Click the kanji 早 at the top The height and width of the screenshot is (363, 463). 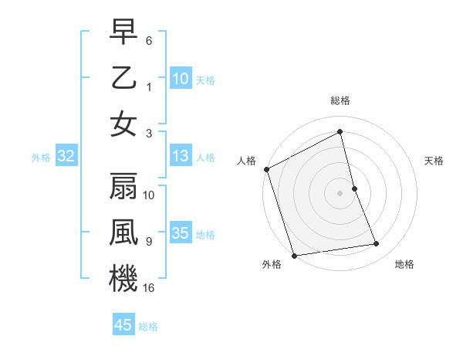coord(123,32)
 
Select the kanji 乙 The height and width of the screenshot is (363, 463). coord(123,78)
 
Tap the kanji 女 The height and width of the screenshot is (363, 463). coord(123,124)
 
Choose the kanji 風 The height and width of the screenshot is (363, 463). coord(123,232)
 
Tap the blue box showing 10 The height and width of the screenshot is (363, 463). coord(180,78)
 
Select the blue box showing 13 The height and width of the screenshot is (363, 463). coord(180,157)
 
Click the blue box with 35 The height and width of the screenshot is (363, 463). coord(180,233)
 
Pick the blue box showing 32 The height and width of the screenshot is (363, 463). coord(66,157)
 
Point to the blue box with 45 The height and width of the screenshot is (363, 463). coord(123,325)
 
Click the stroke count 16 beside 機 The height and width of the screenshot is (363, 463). coord(150,287)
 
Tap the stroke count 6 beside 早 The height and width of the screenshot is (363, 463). coord(150,41)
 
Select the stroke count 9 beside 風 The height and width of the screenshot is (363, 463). coord(149,242)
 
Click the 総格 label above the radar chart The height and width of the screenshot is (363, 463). coord(340,100)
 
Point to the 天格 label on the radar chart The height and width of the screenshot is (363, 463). coord(434,161)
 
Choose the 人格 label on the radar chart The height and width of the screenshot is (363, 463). coord(247,161)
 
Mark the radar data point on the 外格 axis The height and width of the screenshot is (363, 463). coord(294,255)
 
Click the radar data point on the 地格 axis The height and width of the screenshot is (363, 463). coord(377,244)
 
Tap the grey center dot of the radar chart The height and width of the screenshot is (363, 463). coord(340,192)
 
